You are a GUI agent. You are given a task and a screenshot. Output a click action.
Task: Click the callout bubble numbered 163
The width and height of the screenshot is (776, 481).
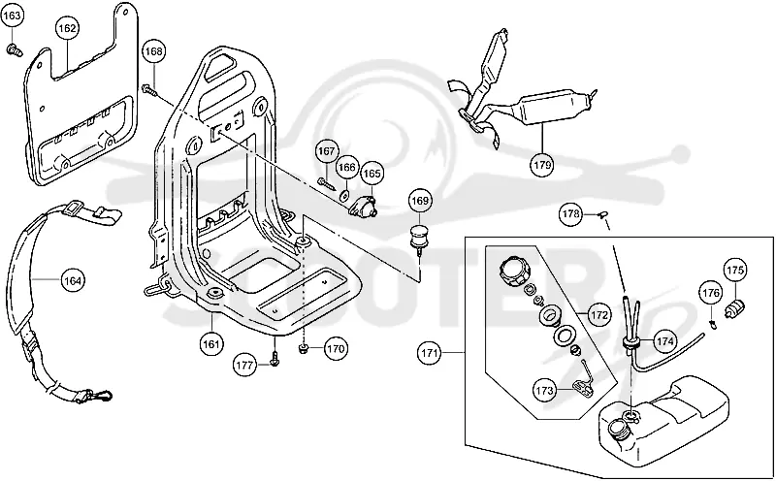tap(12, 16)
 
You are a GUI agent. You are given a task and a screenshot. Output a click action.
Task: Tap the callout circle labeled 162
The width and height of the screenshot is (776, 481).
tap(67, 28)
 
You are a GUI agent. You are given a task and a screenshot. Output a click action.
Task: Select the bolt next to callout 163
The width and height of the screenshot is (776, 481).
tap(14, 49)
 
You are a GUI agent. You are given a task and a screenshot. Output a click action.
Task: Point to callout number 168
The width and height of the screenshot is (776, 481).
tap(154, 51)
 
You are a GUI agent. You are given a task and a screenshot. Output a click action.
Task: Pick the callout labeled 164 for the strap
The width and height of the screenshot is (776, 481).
tap(73, 281)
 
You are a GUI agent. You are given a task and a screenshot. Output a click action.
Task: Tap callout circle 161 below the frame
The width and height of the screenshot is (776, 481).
tap(211, 344)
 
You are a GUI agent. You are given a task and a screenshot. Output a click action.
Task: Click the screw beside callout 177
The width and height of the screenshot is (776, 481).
tap(275, 359)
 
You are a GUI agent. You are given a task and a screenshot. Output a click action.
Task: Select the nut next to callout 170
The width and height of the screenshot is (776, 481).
tap(304, 349)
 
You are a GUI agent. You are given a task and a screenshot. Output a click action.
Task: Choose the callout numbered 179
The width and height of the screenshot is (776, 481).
tap(542, 164)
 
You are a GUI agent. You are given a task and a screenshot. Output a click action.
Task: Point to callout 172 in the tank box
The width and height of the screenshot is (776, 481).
tap(598, 315)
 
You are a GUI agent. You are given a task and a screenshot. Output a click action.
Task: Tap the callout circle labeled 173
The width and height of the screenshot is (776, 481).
tap(544, 391)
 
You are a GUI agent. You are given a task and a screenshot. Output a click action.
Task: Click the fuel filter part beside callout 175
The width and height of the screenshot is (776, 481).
tap(735, 308)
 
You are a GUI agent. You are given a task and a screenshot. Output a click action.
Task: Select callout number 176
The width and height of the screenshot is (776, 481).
tap(711, 294)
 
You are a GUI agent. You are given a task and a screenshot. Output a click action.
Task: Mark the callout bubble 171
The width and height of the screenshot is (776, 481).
tap(429, 353)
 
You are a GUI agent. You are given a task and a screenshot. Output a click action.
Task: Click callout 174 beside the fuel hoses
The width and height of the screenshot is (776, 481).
tap(664, 341)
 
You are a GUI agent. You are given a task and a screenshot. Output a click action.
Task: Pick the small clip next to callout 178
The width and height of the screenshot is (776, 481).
tap(603, 214)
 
